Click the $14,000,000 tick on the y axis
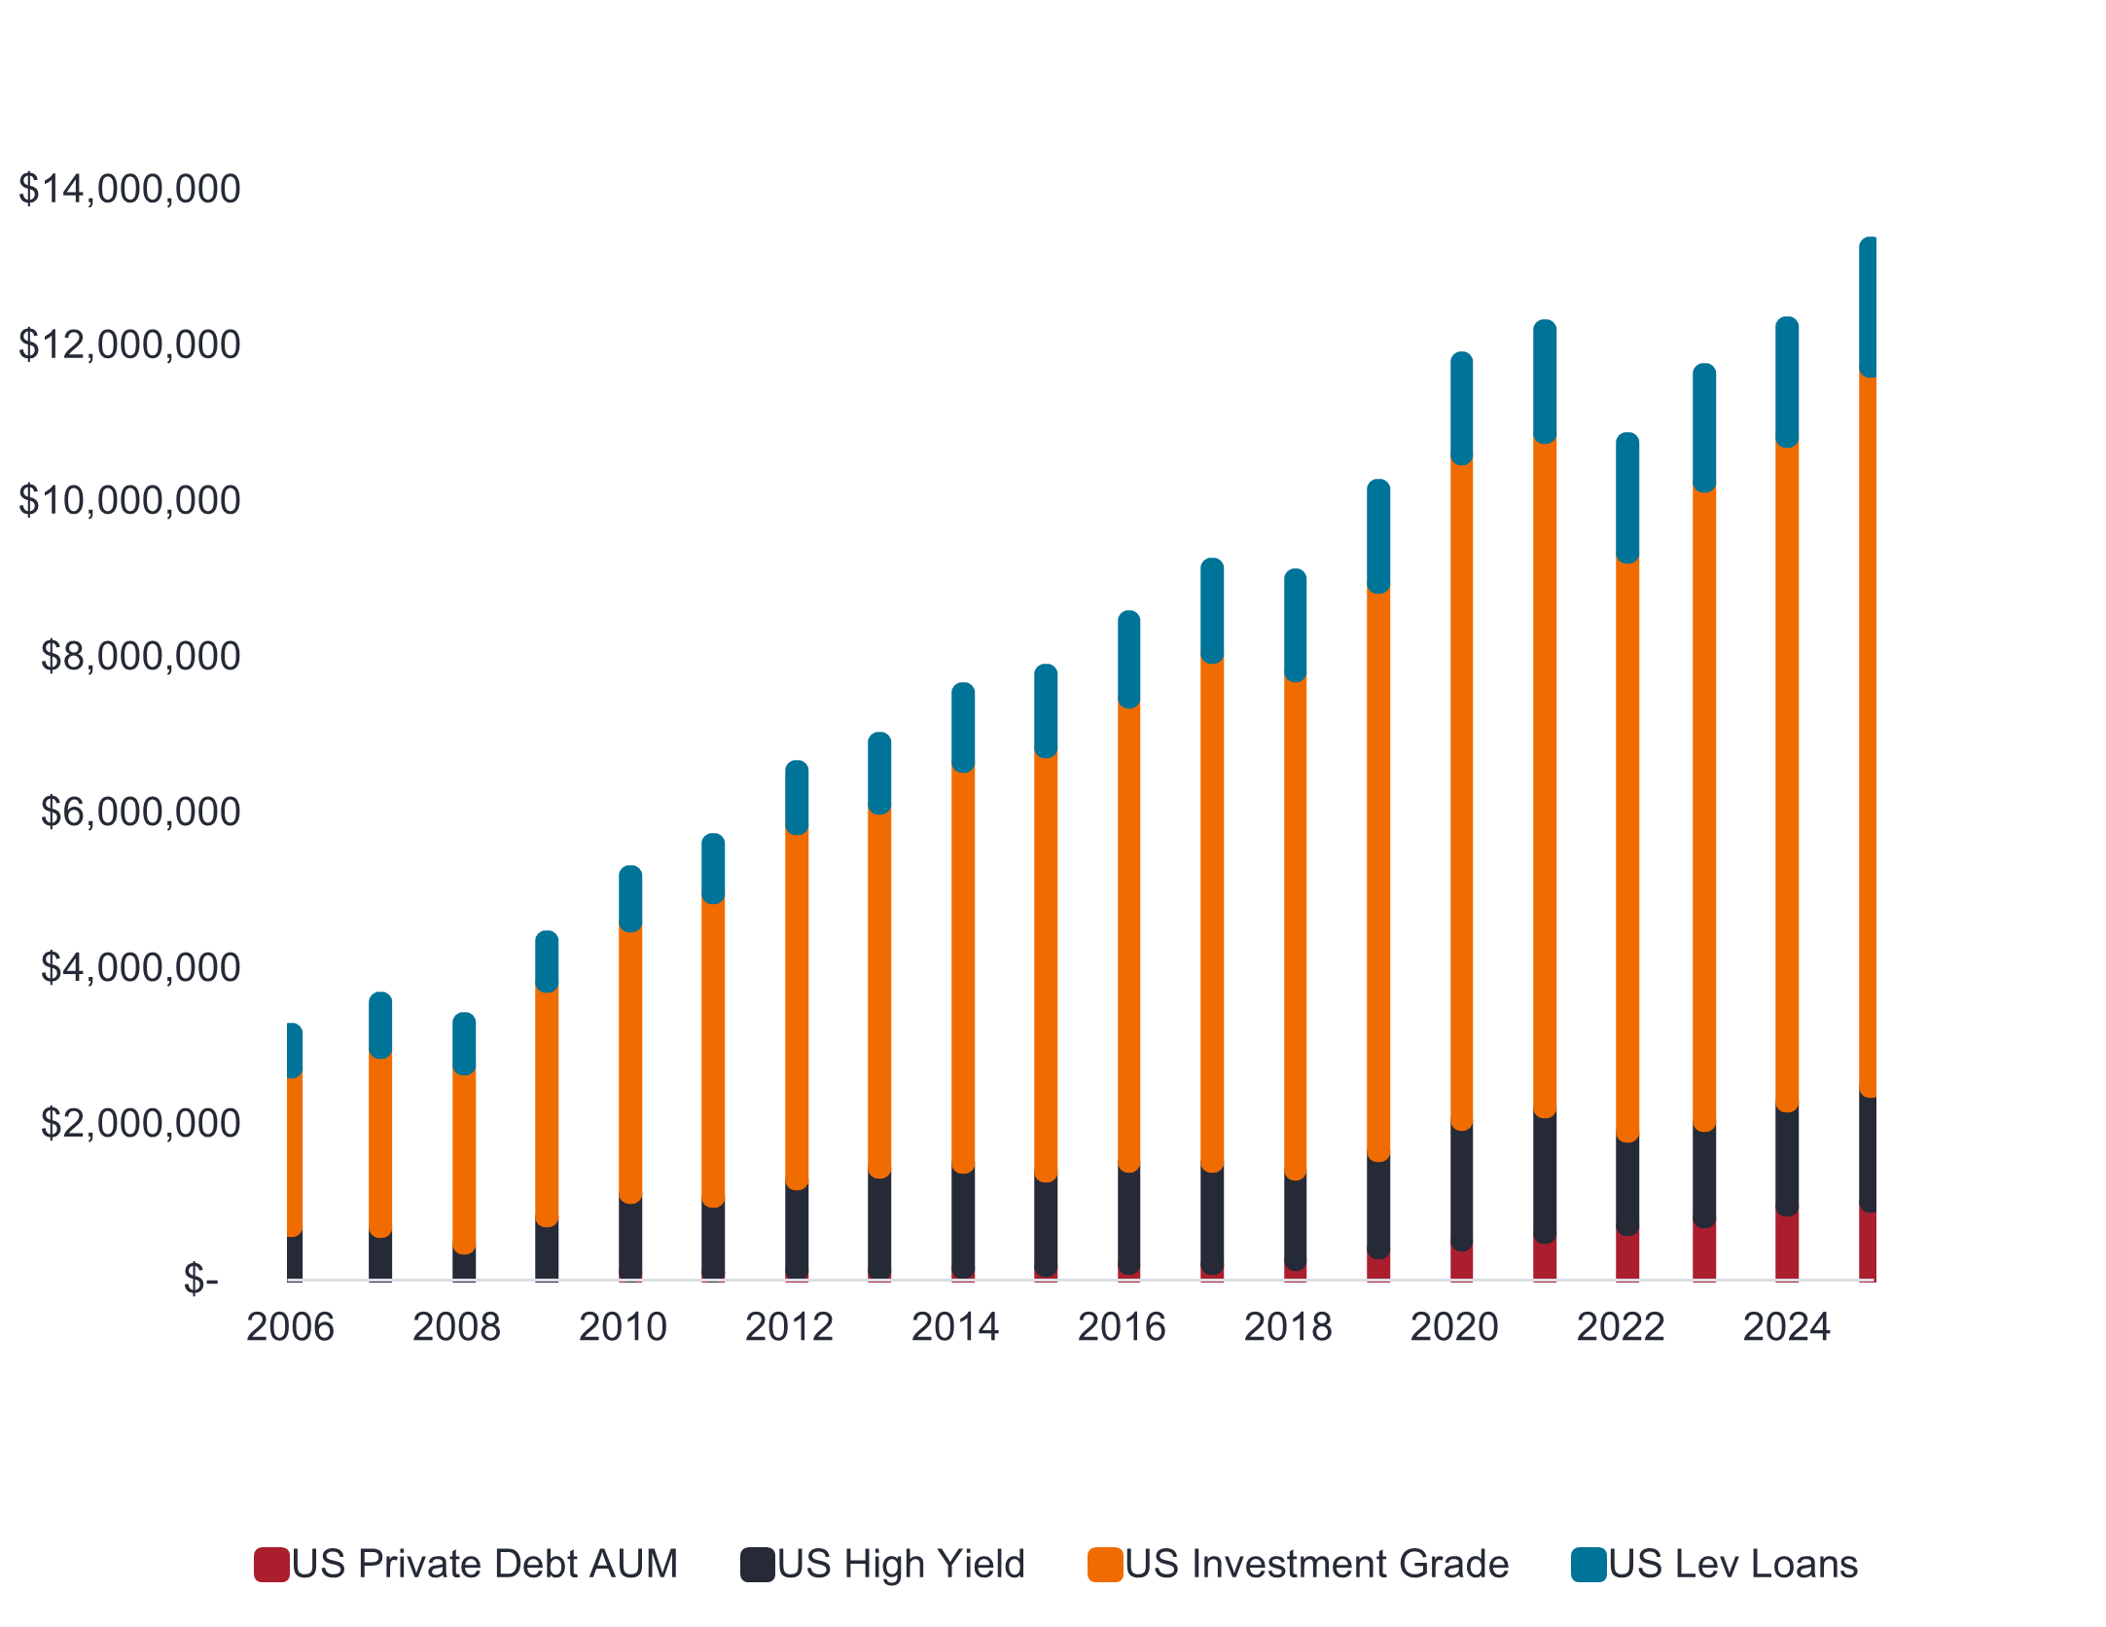pos(129,189)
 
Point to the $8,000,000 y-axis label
pos(140,656)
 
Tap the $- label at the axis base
pos(200,1279)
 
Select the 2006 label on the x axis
pos(290,1326)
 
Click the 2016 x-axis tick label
pos(1122,1326)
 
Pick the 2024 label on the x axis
pos(1786,1326)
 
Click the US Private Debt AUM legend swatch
pos(271,1565)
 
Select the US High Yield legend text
pos(901,1565)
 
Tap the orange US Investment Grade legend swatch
pos(1105,1565)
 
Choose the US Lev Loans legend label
pos(1732,1565)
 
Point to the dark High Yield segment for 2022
pos(1627,1185)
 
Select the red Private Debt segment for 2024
pos(1787,1246)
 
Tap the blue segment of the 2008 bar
pos(464,1043)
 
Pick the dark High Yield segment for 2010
pos(630,1238)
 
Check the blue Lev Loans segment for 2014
pos(963,727)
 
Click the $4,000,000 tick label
pos(140,967)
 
